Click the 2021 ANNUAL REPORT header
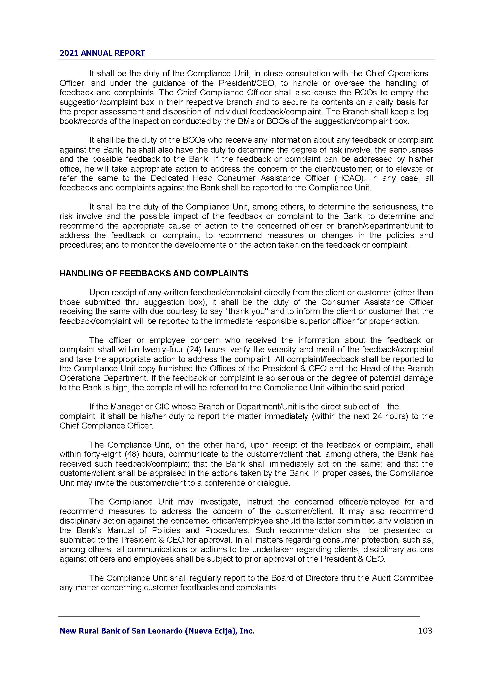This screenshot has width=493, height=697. [x=102, y=53]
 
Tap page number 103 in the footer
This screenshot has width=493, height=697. [x=425, y=631]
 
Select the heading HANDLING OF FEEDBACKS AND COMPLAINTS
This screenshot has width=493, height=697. [x=154, y=274]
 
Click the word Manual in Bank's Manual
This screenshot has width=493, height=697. [x=117, y=530]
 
